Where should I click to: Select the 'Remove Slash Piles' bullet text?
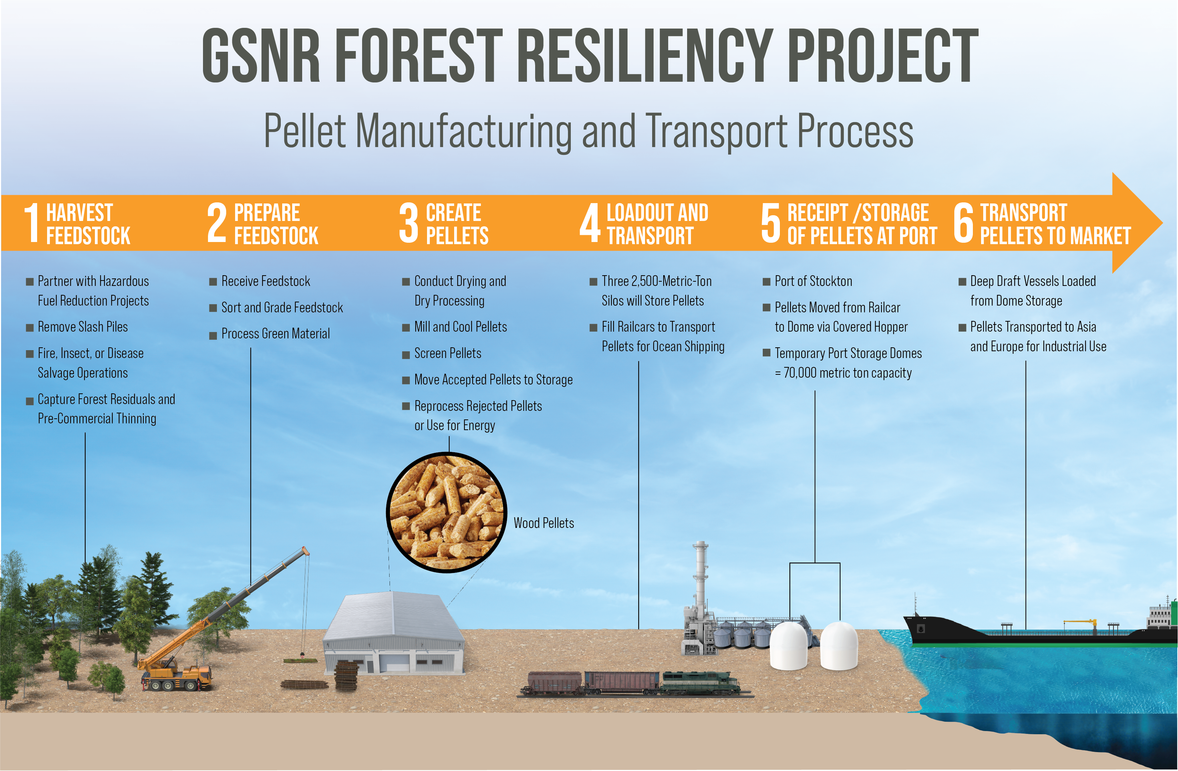pos(83,327)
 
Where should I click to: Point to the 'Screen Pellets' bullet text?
pos(447,353)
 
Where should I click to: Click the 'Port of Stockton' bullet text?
pos(813,281)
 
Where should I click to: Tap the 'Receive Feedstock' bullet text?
pos(266,281)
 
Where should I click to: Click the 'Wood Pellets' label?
pos(543,523)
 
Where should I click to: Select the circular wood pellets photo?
pos(446,513)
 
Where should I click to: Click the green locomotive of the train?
pos(699,682)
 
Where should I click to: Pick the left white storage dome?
pos(789,646)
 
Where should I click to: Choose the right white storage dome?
pos(839,646)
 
